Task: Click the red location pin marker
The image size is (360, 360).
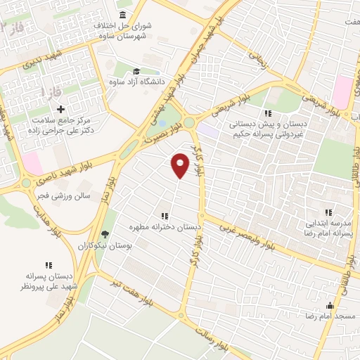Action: [180, 165]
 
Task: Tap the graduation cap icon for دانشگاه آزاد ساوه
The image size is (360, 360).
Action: [136, 71]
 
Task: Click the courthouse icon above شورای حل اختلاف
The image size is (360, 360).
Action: [123, 15]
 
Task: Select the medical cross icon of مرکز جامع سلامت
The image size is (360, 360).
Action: [61, 109]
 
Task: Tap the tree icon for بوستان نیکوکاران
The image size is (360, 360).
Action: [105, 234]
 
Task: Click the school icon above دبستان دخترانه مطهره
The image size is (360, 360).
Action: [164, 216]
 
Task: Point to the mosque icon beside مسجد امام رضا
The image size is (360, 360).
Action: [330, 305]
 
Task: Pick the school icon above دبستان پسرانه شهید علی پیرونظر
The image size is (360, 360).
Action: [49, 265]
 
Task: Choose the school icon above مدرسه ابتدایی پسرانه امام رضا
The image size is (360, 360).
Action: [328, 212]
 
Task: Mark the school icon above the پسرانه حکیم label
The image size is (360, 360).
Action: [268, 113]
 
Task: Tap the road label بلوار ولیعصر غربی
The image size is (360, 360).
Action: [246, 237]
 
